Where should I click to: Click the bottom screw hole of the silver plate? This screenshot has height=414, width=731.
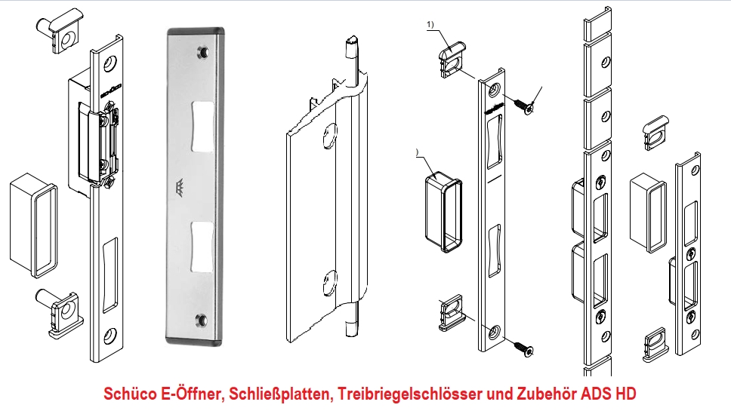pyautogui.click(x=202, y=322)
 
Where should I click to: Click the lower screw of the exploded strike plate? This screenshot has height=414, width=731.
pyautogui.click(x=520, y=346)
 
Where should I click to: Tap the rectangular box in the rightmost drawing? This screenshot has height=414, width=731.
pyautogui.click(x=647, y=210)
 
